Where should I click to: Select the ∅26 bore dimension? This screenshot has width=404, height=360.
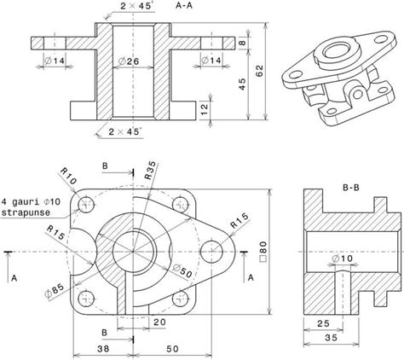point(134,61)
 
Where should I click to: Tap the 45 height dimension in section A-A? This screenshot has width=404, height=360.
point(244,84)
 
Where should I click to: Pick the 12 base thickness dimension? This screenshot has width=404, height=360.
point(205,107)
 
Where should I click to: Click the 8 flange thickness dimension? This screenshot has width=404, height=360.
point(242,42)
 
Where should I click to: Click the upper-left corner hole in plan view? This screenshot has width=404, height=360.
point(85,205)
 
